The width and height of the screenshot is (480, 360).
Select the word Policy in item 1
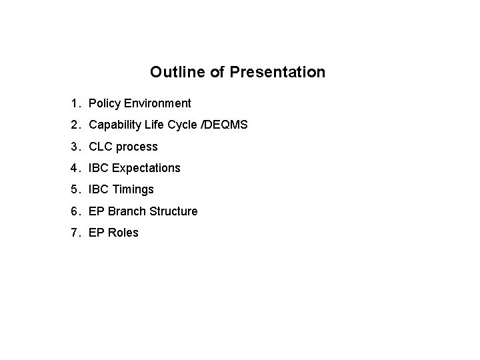coord(103,103)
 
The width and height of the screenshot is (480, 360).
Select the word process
coord(137,147)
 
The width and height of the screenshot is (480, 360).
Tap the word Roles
coord(123,233)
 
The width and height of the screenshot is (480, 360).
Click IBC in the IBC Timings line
coord(97,190)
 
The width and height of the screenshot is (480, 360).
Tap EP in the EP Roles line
coord(96,233)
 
